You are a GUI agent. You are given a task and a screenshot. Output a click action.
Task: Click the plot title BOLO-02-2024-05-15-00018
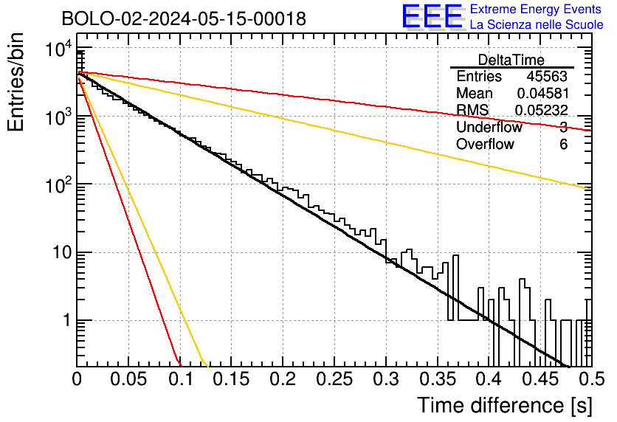coord(184,18)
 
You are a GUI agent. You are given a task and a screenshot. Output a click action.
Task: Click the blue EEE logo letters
coord(432,16)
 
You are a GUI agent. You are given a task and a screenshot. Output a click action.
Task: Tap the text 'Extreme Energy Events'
coord(536,9)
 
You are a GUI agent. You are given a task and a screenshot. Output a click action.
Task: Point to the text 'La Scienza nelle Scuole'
coord(537,24)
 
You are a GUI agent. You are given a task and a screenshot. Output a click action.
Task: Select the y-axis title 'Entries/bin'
coord(15,82)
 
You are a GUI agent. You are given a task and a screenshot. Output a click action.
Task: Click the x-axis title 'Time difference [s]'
coord(505,406)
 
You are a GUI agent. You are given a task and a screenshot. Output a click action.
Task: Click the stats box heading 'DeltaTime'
coord(511,60)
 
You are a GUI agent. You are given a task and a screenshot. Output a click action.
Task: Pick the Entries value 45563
coord(547,76)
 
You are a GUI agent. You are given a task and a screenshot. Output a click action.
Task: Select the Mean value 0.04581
coord(543,93)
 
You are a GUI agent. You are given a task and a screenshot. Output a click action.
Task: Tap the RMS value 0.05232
coord(542,111)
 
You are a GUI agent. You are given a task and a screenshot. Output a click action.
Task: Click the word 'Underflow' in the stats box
coord(489,127)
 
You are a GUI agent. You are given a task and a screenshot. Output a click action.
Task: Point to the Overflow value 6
coord(563,145)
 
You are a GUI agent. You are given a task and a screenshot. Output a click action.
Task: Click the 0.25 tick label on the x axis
coord(334,379)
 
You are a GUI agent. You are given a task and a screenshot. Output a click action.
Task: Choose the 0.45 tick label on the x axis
coord(541,379)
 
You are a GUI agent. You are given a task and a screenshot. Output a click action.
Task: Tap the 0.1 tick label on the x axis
coord(182,379)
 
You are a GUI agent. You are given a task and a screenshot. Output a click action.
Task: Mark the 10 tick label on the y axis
coord(63,252)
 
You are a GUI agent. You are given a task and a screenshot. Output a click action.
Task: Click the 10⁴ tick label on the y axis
coord(58,49)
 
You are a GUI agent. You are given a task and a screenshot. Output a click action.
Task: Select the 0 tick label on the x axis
coord(77,379)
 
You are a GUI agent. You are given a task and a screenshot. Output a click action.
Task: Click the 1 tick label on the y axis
coord(67,320)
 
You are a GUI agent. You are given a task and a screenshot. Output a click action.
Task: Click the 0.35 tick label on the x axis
coord(438,379)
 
